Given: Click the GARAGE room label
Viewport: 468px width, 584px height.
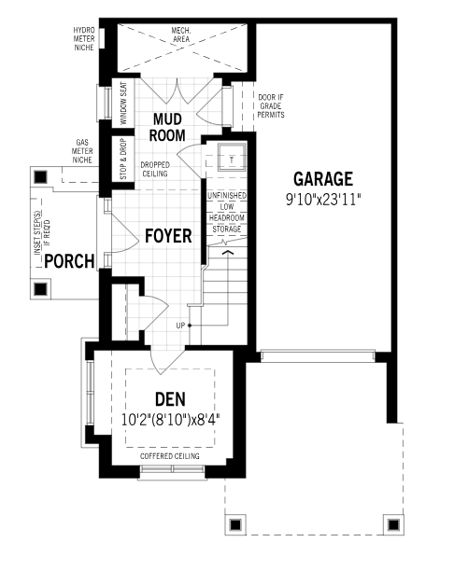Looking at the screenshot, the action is pyautogui.click(x=323, y=179).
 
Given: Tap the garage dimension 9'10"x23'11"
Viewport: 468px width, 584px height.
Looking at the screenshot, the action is pyautogui.click(x=323, y=200).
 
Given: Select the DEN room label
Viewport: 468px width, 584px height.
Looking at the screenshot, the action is pyautogui.click(x=170, y=399).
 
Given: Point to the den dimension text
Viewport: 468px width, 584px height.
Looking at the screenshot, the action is pyautogui.click(x=170, y=420).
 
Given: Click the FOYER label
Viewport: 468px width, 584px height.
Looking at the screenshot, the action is pyautogui.click(x=168, y=236).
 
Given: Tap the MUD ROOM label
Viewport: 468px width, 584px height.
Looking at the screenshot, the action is pyautogui.click(x=167, y=128).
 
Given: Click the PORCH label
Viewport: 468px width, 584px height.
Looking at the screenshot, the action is pyautogui.click(x=69, y=261).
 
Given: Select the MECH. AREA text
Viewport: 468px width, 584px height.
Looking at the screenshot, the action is pyautogui.click(x=181, y=35).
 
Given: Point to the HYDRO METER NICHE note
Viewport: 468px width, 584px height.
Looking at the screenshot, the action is pyautogui.click(x=84, y=39).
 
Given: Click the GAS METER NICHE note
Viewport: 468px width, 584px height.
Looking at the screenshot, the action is pyautogui.click(x=82, y=151).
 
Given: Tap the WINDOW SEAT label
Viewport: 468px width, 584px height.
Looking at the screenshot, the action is pyautogui.click(x=123, y=104).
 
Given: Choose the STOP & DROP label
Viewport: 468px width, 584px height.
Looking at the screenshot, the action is pyautogui.click(x=123, y=159).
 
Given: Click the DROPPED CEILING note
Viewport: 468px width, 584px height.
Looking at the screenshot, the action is pyautogui.click(x=155, y=169).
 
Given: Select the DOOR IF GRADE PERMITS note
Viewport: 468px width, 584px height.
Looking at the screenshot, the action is pyautogui.click(x=271, y=106).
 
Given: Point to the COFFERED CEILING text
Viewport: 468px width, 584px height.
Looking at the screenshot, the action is pyautogui.click(x=170, y=456).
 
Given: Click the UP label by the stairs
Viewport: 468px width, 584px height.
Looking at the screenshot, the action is pyautogui.click(x=180, y=326).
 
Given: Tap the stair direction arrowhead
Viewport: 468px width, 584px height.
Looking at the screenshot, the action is pyautogui.click(x=228, y=253).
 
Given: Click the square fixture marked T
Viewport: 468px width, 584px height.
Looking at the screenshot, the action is pyautogui.click(x=232, y=157).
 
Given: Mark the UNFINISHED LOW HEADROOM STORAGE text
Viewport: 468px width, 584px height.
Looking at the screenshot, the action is pyautogui.click(x=227, y=213).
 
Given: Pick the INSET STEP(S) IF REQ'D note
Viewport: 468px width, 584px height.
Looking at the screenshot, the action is pyautogui.click(x=42, y=233).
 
